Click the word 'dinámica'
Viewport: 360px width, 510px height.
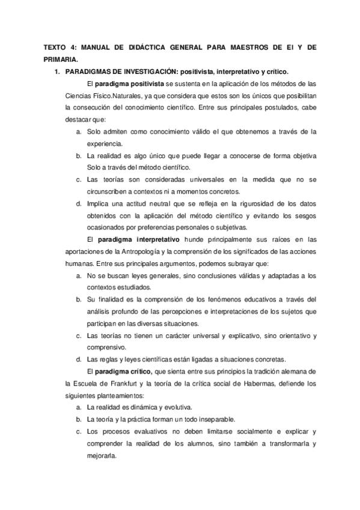[x=144, y=407]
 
